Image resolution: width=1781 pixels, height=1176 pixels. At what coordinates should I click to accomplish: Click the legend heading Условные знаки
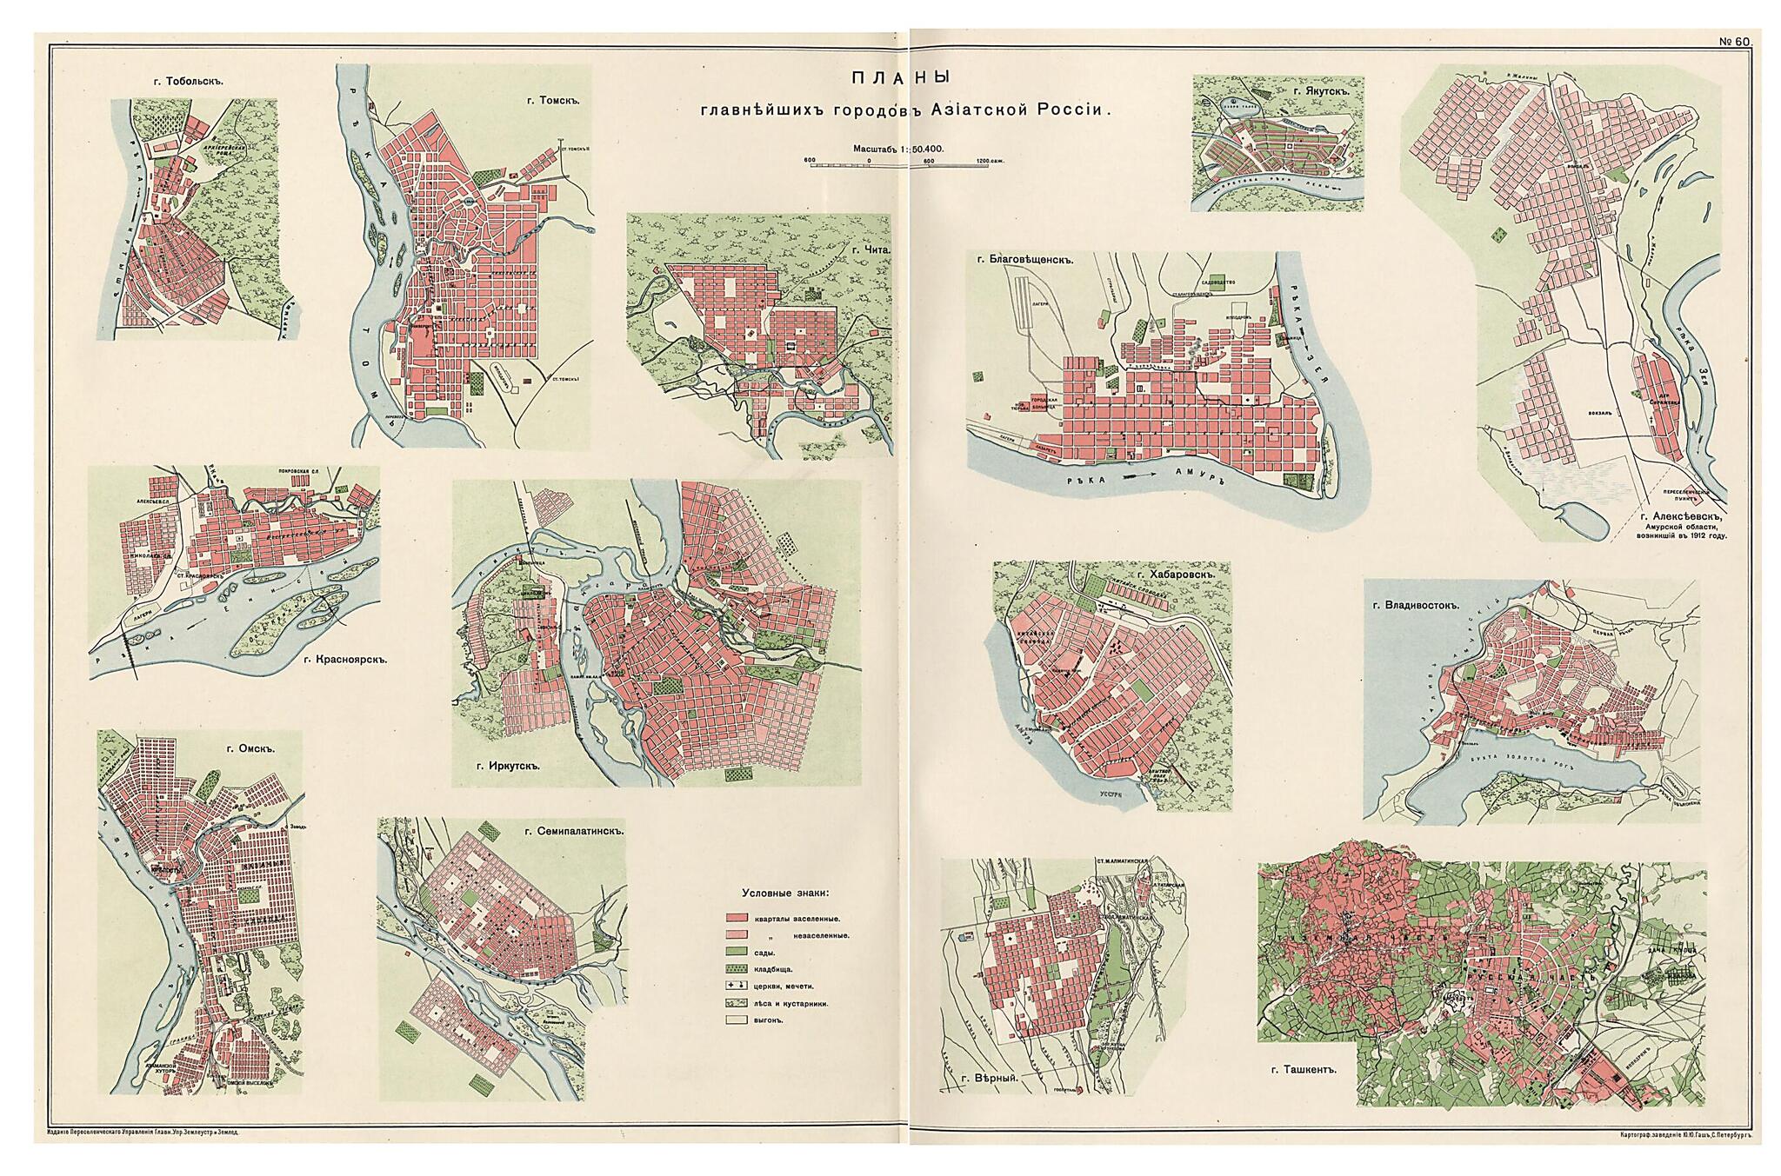(784, 894)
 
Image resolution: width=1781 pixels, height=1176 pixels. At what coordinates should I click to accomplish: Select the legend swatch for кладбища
(738, 969)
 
